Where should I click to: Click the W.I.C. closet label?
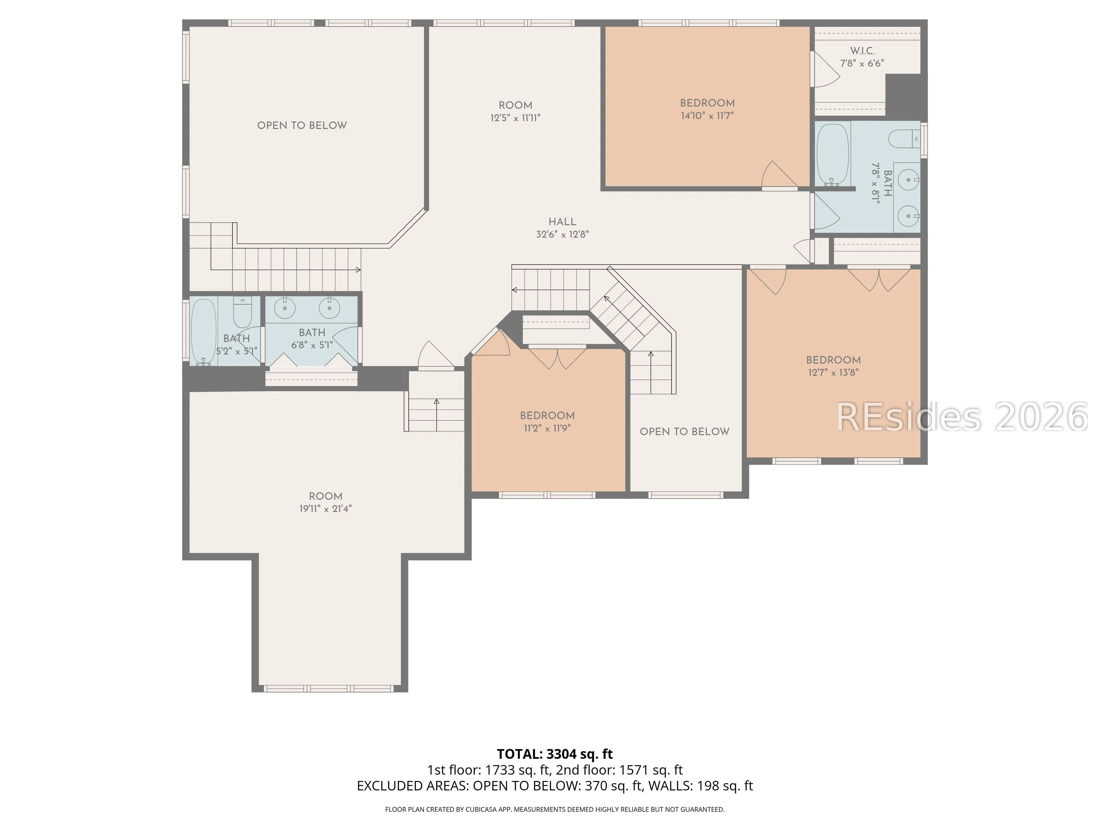(x=862, y=51)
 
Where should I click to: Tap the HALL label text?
(x=562, y=222)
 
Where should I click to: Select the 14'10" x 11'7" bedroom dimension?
(x=707, y=116)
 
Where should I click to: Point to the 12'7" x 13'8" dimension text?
(x=833, y=373)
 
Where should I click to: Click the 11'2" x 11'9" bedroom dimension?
(x=547, y=428)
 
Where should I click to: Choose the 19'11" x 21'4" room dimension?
(x=326, y=509)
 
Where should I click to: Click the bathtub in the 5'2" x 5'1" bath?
(x=204, y=331)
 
